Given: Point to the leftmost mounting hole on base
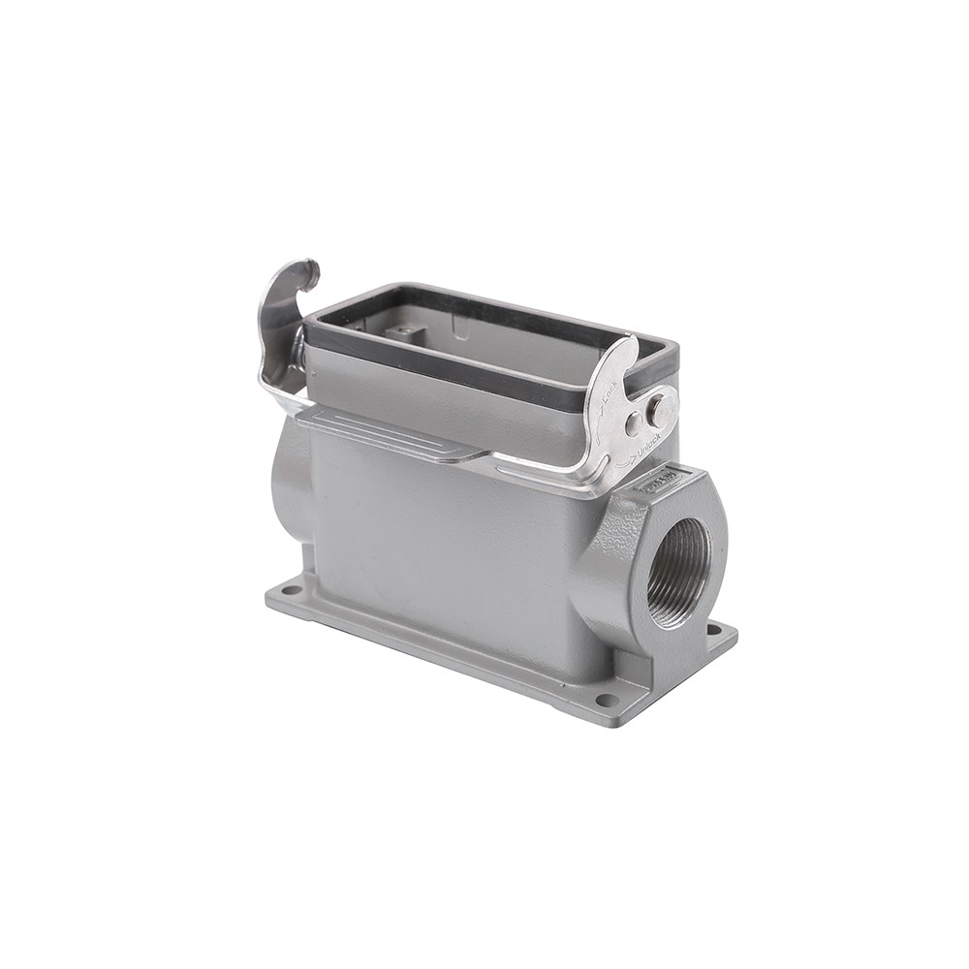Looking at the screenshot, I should click(288, 588).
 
